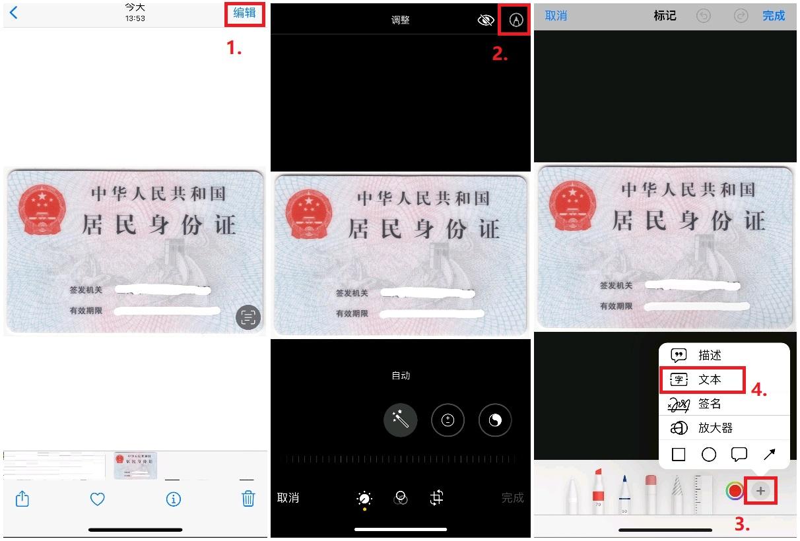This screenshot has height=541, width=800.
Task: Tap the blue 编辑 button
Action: (244, 13)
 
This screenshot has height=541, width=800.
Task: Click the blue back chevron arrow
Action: (14, 13)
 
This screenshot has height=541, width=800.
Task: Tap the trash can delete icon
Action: (248, 499)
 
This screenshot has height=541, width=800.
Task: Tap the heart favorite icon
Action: (98, 499)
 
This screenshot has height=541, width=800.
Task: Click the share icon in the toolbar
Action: (22, 499)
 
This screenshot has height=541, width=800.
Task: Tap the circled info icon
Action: (174, 499)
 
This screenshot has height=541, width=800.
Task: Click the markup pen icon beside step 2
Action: (516, 20)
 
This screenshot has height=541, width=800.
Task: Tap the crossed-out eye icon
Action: (486, 20)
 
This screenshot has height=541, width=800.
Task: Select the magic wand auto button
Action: (401, 420)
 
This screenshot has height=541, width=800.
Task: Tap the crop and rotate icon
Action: (436, 498)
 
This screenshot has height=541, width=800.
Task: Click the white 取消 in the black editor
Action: (288, 498)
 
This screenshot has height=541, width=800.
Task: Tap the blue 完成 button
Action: (774, 16)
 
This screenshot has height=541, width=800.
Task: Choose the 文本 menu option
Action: (710, 379)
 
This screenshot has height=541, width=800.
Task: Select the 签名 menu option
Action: (710, 404)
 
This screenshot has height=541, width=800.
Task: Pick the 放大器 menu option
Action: (716, 428)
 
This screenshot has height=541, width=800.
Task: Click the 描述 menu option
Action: (710, 355)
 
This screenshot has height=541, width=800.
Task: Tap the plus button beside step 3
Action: (760, 491)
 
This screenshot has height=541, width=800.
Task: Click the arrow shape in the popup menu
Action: (770, 455)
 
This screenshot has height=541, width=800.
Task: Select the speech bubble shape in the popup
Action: (739, 455)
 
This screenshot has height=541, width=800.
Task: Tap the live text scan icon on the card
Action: (248, 318)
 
